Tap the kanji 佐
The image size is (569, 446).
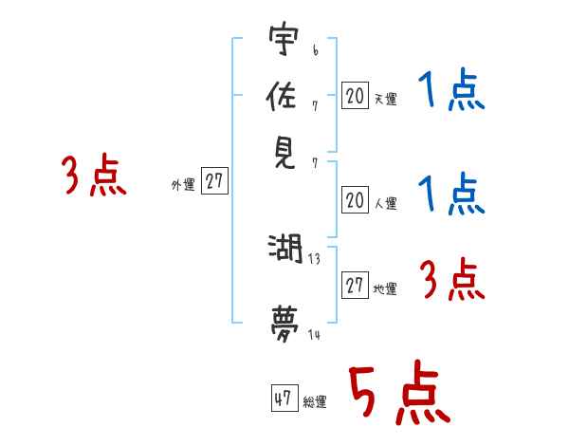tap(282, 98)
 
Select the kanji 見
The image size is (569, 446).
tap(282, 153)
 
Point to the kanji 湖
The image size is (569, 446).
tap(284, 251)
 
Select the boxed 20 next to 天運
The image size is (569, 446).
tap(355, 95)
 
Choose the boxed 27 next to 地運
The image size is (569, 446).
tap(355, 286)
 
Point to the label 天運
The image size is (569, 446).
tap(385, 99)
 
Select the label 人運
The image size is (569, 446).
tap(385, 202)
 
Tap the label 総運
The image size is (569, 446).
tap(315, 402)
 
